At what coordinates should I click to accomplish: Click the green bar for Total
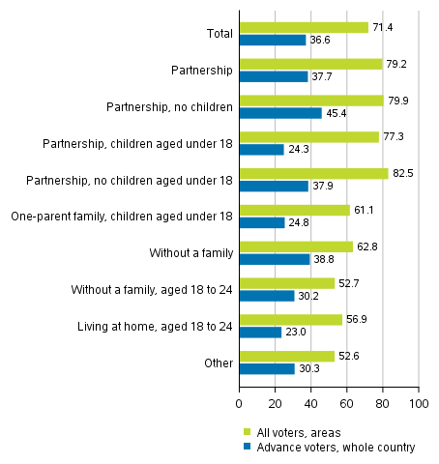coord(304,28)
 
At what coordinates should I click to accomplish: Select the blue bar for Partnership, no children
coord(279,113)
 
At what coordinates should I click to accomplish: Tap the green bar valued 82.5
coord(313,174)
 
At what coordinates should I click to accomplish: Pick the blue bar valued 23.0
coord(259,332)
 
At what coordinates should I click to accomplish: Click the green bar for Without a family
coord(295,246)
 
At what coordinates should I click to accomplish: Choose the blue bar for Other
coord(266,368)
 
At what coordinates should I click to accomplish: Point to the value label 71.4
coord(382,27)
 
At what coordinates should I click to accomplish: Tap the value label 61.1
coord(364,210)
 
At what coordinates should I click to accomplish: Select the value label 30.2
coord(307,296)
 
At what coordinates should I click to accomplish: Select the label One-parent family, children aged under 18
coord(120,217)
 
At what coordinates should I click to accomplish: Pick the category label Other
coord(217,362)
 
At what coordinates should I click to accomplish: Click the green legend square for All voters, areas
coord(247,431)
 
